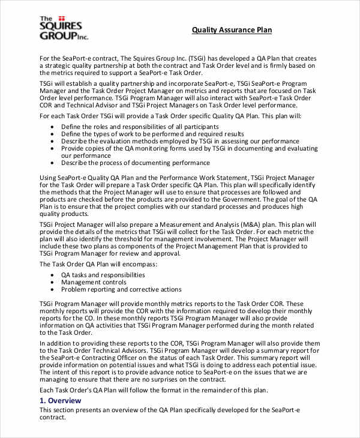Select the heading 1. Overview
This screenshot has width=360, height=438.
[60, 400]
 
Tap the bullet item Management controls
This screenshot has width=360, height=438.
[94, 281]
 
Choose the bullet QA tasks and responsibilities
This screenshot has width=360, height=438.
[103, 274]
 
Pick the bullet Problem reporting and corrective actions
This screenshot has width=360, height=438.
[121, 289]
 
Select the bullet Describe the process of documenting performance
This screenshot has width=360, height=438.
[136, 162]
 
